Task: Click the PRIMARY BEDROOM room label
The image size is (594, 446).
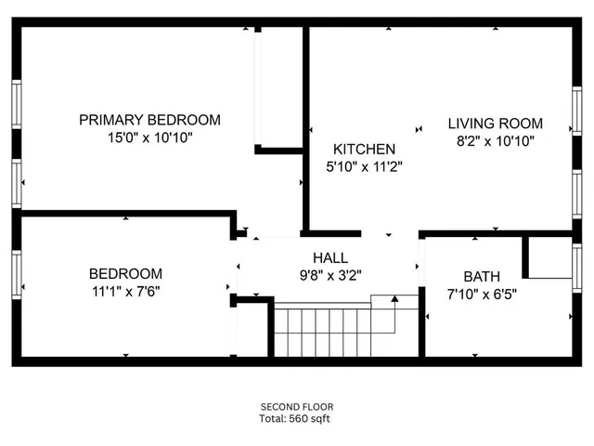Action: [149, 120]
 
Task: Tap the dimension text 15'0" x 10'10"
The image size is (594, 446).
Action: [149, 138]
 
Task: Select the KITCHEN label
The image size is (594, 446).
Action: [365, 150]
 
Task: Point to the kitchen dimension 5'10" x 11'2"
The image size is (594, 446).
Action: [365, 167]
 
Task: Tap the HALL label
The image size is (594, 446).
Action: [330, 257]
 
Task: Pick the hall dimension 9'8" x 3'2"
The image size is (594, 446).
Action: [330, 274]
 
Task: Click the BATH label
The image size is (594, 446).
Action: [482, 277]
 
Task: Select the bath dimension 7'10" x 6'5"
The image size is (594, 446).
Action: [482, 295]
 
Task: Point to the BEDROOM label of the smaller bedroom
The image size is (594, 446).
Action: [125, 274]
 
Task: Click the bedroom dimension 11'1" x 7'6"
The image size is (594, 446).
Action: [125, 292]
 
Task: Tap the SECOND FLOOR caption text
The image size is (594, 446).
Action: [297, 407]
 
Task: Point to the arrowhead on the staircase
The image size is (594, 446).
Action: [394, 299]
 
